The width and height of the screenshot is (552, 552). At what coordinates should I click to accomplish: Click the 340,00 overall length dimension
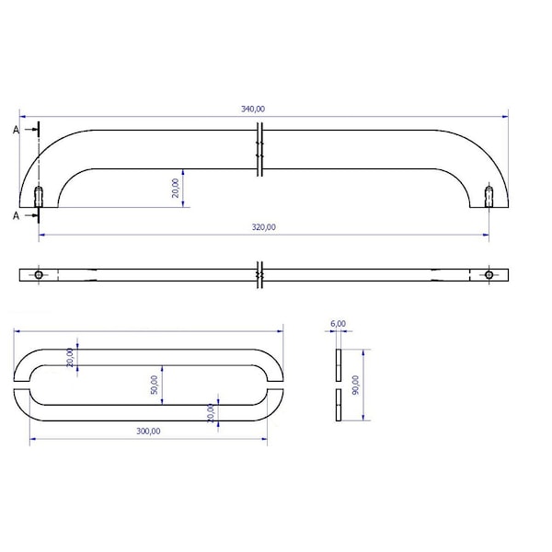tap(253, 109)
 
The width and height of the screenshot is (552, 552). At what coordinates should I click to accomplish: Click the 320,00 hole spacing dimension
tap(264, 227)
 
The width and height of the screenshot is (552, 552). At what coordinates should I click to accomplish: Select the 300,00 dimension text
tap(148, 431)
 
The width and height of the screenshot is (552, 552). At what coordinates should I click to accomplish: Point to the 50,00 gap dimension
tap(155, 385)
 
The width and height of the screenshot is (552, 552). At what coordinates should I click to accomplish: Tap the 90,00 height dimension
tap(355, 385)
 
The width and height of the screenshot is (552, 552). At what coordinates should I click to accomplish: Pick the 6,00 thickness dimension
tap(338, 324)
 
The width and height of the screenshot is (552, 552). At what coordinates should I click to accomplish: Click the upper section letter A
tap(16, 130)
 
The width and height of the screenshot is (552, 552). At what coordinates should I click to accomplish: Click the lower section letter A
tap(16, 215)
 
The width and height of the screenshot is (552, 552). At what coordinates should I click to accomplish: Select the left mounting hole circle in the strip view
tap(39, 275)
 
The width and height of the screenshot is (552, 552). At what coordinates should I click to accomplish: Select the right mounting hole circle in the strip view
tap(489, 275)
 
